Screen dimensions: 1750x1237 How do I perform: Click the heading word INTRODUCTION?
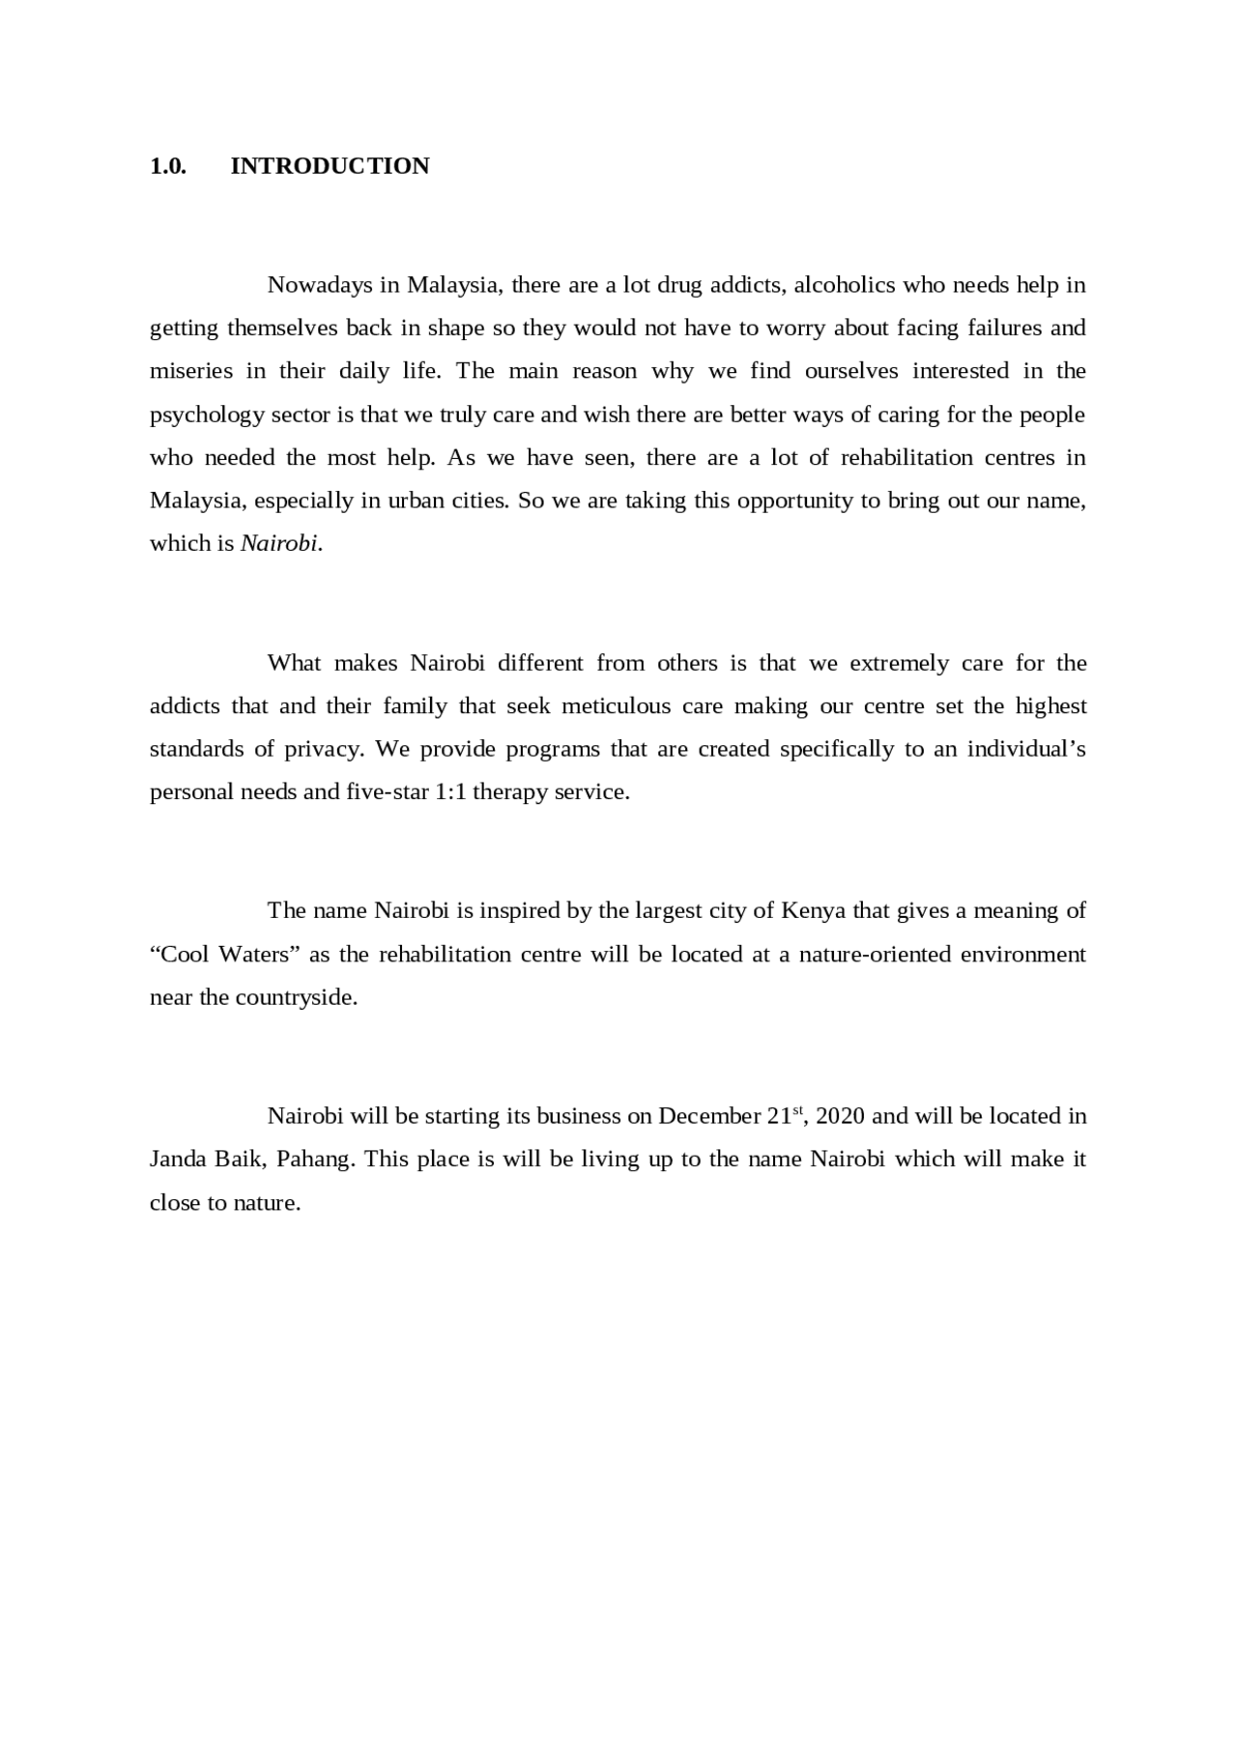pyautogui.click(x=330, y=166)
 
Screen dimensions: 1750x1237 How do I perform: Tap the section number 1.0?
pyautogui.click(x=167, y=166)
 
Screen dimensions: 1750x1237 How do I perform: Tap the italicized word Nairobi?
pyautogui.click(x=278, y=543)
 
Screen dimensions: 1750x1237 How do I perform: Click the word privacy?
pyautogui.click(x=322, y=749)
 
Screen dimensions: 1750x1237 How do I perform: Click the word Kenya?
pyautogui.click(x=813, y=910)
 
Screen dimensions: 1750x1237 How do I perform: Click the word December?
pyautogui.click(x=709, y=1116)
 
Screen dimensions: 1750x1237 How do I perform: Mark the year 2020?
pyautogui.click(x=840, y=1116)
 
